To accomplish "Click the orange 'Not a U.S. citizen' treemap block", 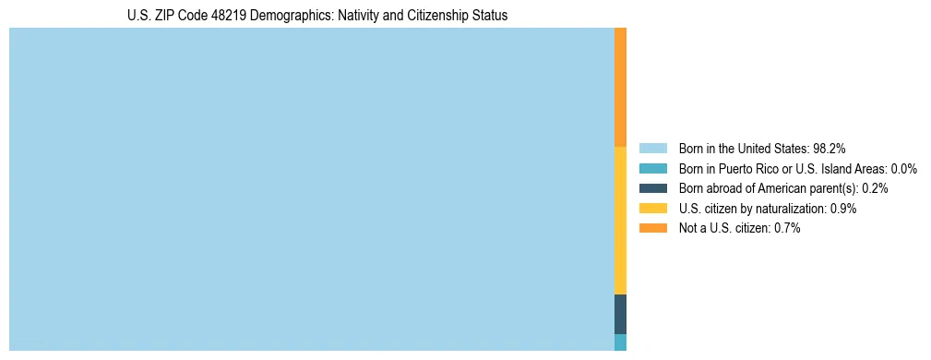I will pyautogui.click(x=620, y=87).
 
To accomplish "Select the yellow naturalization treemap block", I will pyautogui.click(x=620, y=220).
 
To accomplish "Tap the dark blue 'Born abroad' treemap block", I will pyautogui.click(x=620, y=314).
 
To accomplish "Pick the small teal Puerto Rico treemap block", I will pyautogui.click(x=620, y=342).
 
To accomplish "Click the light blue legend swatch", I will pyautogui.click(x=652, y=148).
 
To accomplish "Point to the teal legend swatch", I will pyautogui.click(x=652, y=168).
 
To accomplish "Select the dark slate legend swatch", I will pyautogui.click(x=652, y=188).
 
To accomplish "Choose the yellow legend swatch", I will pyautogui.click(x=652, y=209).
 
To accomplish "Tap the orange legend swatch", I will pyautogui.click(x=652, y=228).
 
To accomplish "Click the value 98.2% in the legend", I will pyautogui.click(x=830, y=148).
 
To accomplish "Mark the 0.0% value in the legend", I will pyautogui.click(x=904, y=168).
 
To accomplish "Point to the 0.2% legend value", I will pyautogui.click(x=876, y=188).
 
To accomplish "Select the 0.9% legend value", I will pyautogui.click(x=843, y=209).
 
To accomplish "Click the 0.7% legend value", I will pyautogui.click(x=787, y=228).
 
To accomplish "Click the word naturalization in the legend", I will pyautogui.click(x=788, y=209).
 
